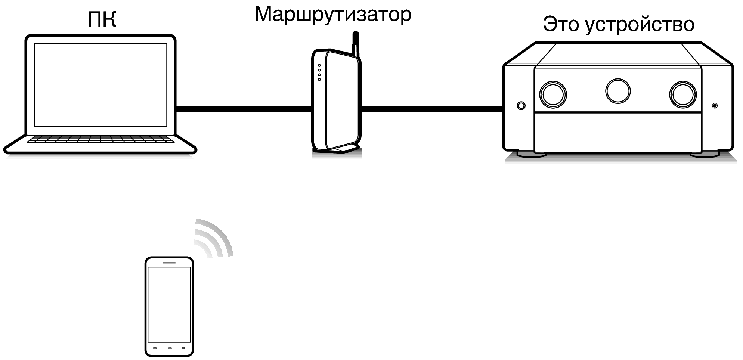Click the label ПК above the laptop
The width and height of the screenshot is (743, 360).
tap(102, 19)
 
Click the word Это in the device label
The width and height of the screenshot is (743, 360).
tap(561, 24)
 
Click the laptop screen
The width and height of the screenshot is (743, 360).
tap(100, 85)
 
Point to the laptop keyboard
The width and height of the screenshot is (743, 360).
tap(100, 139)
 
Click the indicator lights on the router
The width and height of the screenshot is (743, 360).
tap(319, 72)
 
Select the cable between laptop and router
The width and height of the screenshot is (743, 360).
tap(243, 109)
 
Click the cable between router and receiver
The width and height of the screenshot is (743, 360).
tap(431, 109)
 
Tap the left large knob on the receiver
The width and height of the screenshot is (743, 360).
tap(553, 94)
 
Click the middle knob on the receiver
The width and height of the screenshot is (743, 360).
tap(618, 91)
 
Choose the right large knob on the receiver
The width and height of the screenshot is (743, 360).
tap(682, 94)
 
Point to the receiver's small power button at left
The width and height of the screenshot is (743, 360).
tap(521, 106)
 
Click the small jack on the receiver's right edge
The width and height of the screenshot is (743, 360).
tap(715, 106)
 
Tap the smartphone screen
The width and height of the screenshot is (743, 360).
tap(169, 304)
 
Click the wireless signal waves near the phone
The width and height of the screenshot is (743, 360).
tap(214, 239)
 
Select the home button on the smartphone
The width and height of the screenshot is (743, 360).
tap(170, 348)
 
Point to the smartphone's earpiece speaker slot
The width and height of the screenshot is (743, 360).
tap(169, 263)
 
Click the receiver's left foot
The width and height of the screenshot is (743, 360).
tap(532, 154)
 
